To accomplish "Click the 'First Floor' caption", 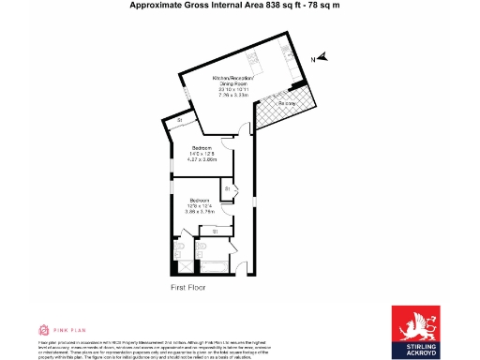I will [x=187, y=288].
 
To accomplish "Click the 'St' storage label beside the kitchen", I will [x=179, y=121].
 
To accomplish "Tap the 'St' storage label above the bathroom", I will [x=215, y=231].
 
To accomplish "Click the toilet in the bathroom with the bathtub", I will [x=201, y=247].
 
